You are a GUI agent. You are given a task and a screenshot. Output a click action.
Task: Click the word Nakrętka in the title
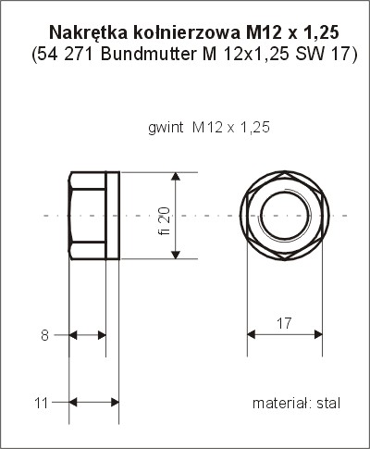(88, 32)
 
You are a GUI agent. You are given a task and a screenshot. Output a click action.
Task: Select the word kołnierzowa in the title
(187, 32)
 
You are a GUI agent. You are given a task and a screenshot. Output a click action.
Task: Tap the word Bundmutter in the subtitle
(148, 55)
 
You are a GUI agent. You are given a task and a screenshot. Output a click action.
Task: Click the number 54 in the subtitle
(47, 55)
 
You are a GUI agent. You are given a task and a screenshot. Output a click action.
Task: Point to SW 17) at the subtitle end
(327, 55)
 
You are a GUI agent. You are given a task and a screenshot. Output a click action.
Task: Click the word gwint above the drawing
(166, 128)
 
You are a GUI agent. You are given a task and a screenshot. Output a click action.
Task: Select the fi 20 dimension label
(165, 220)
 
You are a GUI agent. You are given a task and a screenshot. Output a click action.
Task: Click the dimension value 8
(45, 335)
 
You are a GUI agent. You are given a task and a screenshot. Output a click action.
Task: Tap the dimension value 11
(42, 403)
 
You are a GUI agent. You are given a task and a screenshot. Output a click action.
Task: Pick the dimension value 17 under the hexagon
(284, 323)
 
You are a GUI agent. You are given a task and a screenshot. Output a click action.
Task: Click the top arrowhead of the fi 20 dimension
(176, 176)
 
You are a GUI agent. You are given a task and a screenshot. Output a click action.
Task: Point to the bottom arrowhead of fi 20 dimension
(176, 255)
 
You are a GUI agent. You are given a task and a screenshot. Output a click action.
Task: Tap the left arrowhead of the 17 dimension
(252, 334)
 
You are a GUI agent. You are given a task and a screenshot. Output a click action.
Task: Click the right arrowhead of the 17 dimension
(318, 334)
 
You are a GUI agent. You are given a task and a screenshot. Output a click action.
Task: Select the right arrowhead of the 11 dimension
(115, 402)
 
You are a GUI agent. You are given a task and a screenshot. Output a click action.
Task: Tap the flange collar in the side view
(113, 216)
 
